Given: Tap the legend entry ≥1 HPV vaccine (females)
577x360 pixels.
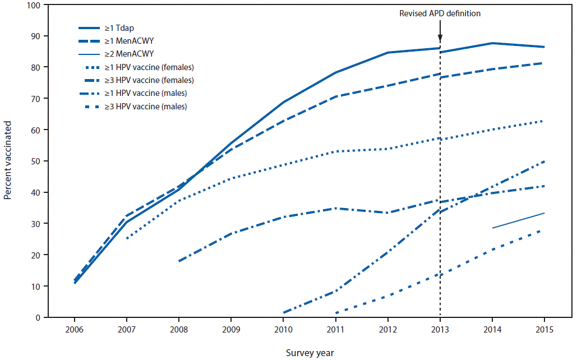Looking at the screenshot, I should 156,67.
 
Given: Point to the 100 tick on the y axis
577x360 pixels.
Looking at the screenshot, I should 34,5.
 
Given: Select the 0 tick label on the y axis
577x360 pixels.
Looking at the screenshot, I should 38,317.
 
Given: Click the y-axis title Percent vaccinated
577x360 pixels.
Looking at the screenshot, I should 8,161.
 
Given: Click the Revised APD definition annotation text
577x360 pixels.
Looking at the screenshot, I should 440,13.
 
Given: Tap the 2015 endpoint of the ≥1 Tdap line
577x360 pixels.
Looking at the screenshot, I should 543,47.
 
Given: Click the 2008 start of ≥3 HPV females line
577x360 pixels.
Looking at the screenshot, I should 179,261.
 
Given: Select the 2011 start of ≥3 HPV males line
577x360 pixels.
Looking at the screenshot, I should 336,313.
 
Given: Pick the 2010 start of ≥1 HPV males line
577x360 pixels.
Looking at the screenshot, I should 284,312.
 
